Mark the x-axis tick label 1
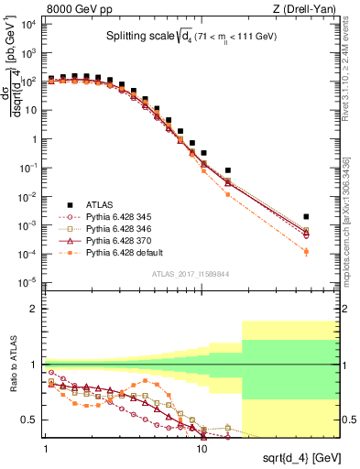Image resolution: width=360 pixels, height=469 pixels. coord(46,446)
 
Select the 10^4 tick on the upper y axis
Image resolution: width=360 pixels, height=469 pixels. coord(29,25)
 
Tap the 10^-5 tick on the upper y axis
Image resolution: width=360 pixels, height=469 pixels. coord(29,281)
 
